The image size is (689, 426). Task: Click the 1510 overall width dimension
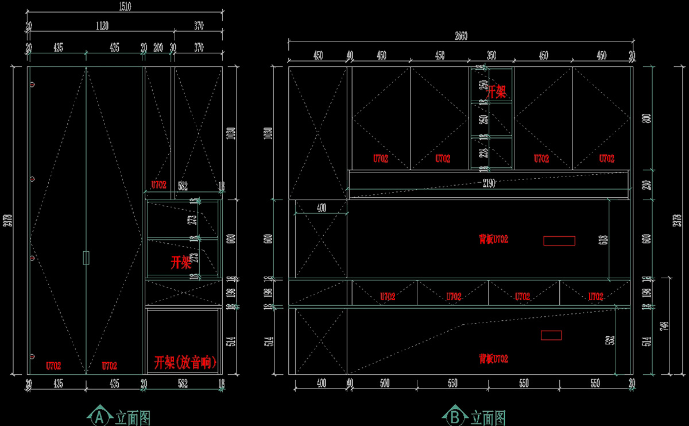click(125, 7)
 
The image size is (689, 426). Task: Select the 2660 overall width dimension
click(461, 36)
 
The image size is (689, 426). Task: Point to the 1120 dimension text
click(102, 26)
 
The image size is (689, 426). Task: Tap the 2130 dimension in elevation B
click(489, 183)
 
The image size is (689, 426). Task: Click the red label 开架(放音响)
click(185, 363)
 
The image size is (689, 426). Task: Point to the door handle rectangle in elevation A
click(86, 258)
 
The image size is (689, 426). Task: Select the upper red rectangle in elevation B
click(559, 240)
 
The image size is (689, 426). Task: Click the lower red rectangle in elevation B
click(551, 335)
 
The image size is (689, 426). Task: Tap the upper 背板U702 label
click(493, 239)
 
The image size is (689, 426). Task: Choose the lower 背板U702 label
click(493, 359)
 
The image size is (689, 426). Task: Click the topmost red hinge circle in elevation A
click(32, 85)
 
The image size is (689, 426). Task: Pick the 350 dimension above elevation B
click(491, 56)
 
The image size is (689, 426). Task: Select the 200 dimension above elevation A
click(158, 48)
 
